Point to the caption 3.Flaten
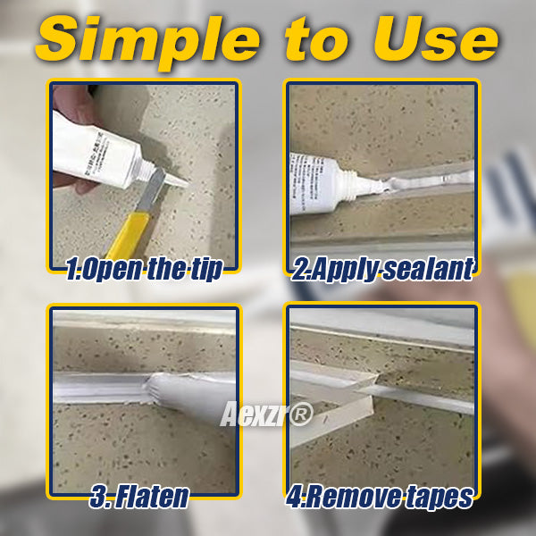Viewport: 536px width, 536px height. point(141,497)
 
